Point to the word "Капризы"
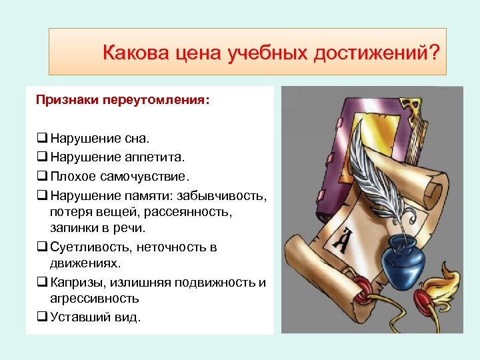[75, 282]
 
